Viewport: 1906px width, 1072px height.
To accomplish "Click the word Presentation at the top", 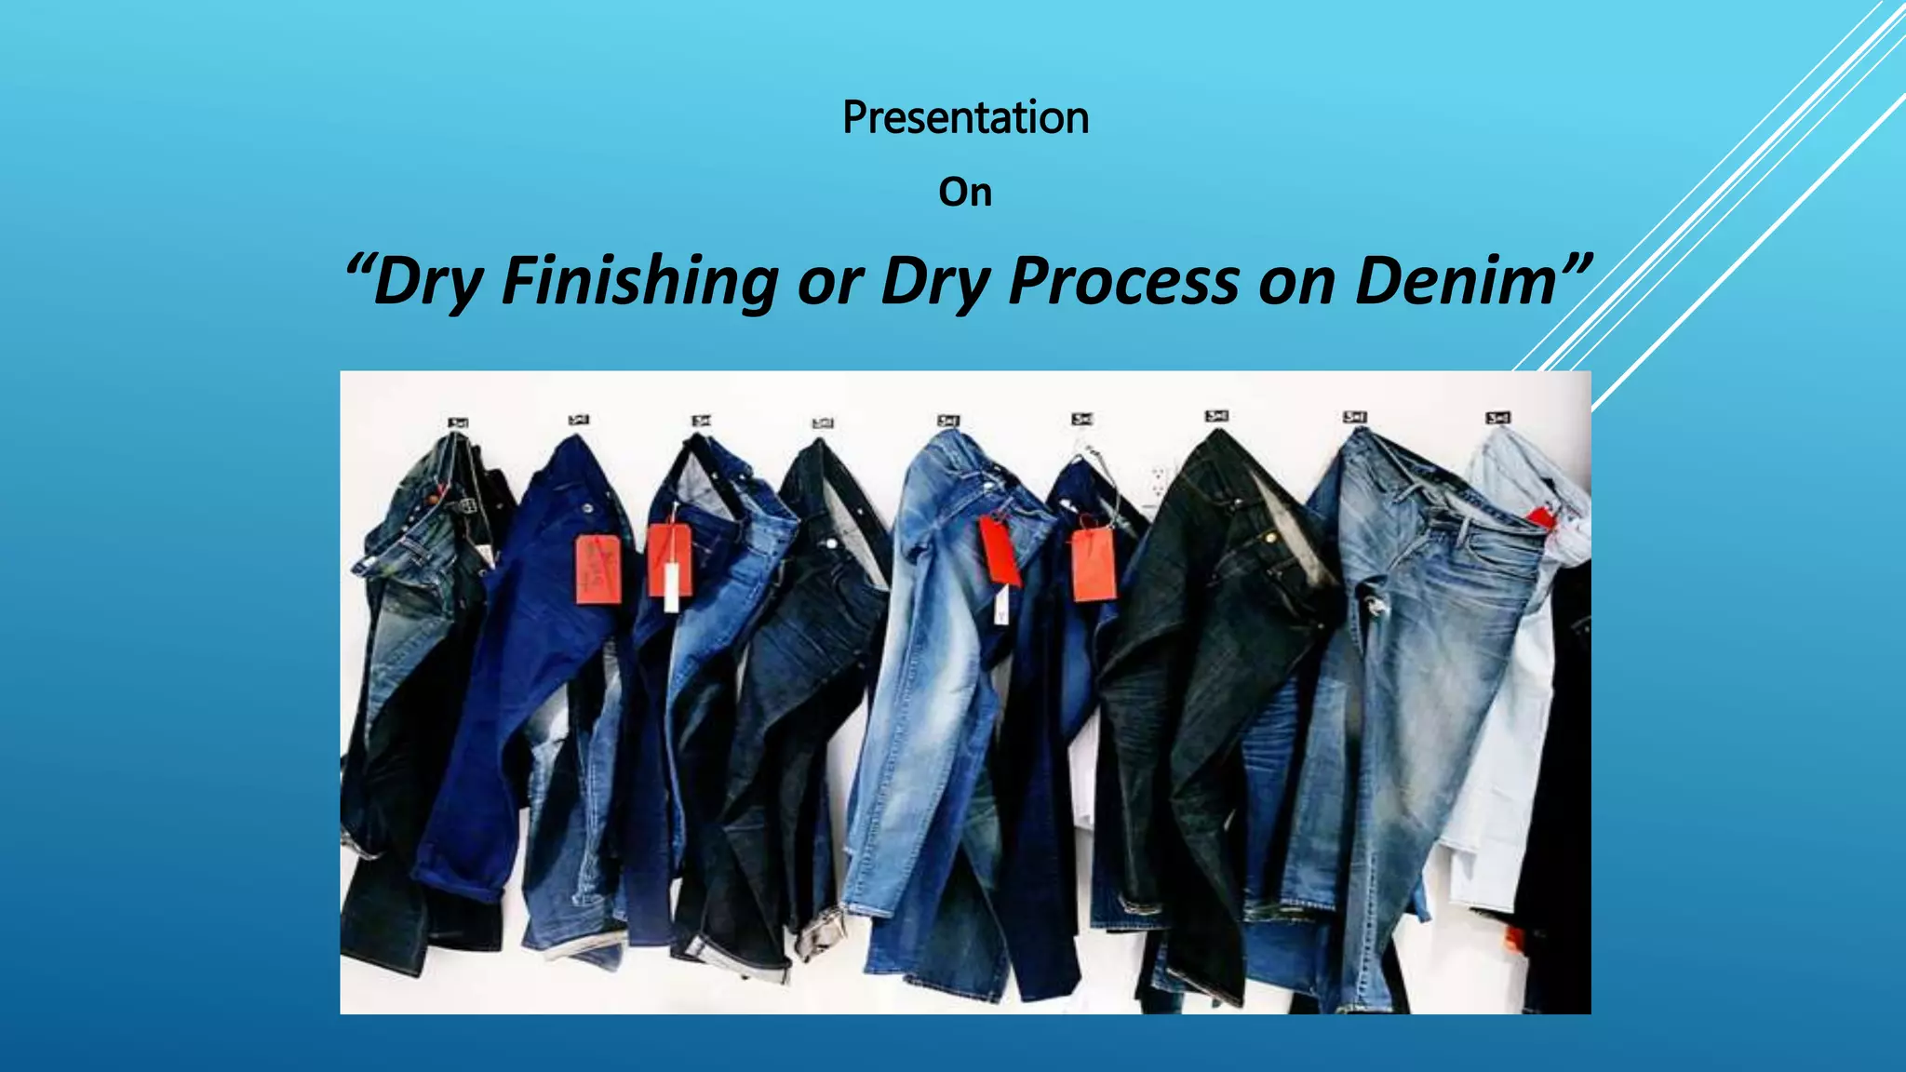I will pos(965,118).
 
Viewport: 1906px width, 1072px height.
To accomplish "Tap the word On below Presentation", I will pos(965,193).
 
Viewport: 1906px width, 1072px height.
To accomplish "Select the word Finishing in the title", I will pos(639,281).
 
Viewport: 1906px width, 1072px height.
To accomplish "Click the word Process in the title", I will pos(1123,281).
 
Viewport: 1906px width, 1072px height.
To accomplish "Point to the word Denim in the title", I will pos(1455,281).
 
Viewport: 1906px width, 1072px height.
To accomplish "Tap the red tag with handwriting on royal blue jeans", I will pos(597,569).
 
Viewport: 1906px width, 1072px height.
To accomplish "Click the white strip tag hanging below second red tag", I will pos(671,587).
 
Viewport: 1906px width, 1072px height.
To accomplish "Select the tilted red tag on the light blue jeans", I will pos(1000,551).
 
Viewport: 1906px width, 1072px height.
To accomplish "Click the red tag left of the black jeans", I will pos(1094,564).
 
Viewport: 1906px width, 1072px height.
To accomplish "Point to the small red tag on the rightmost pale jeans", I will pos(1541,517).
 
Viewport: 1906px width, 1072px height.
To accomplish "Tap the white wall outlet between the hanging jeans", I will pos(1159,481).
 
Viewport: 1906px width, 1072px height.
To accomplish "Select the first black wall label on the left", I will pos(458,422).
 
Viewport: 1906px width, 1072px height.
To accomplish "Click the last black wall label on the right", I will pos(1497,419).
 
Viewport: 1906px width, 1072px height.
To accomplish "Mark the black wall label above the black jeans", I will pos(1216,416).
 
